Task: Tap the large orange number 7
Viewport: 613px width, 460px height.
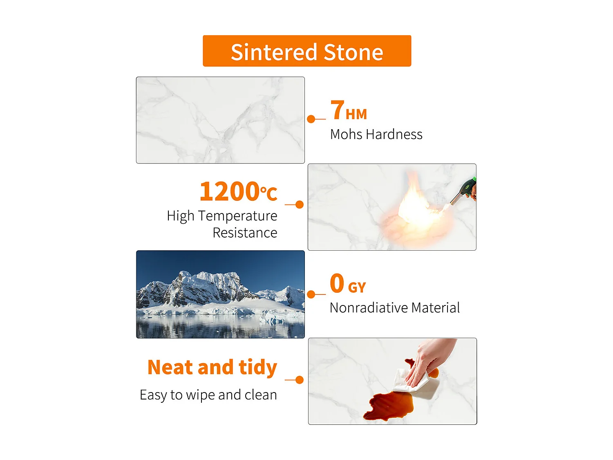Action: [337, 110]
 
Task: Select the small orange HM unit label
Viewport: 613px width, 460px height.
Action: [356, 114]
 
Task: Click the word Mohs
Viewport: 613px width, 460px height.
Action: [347, 134]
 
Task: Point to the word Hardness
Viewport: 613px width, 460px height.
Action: [394, 134]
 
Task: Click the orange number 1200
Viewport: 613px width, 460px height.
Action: [230, 191]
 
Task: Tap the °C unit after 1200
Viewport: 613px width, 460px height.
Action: [268, 193]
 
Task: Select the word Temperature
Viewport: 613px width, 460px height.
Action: [238, 215]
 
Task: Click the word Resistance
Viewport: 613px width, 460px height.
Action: [245, 233]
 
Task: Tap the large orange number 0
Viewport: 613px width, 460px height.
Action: [337, 283]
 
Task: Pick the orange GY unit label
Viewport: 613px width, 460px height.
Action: [357, 287]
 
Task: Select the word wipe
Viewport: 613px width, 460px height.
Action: [200, 395]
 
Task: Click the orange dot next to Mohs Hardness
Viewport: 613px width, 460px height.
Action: [311, 119]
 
